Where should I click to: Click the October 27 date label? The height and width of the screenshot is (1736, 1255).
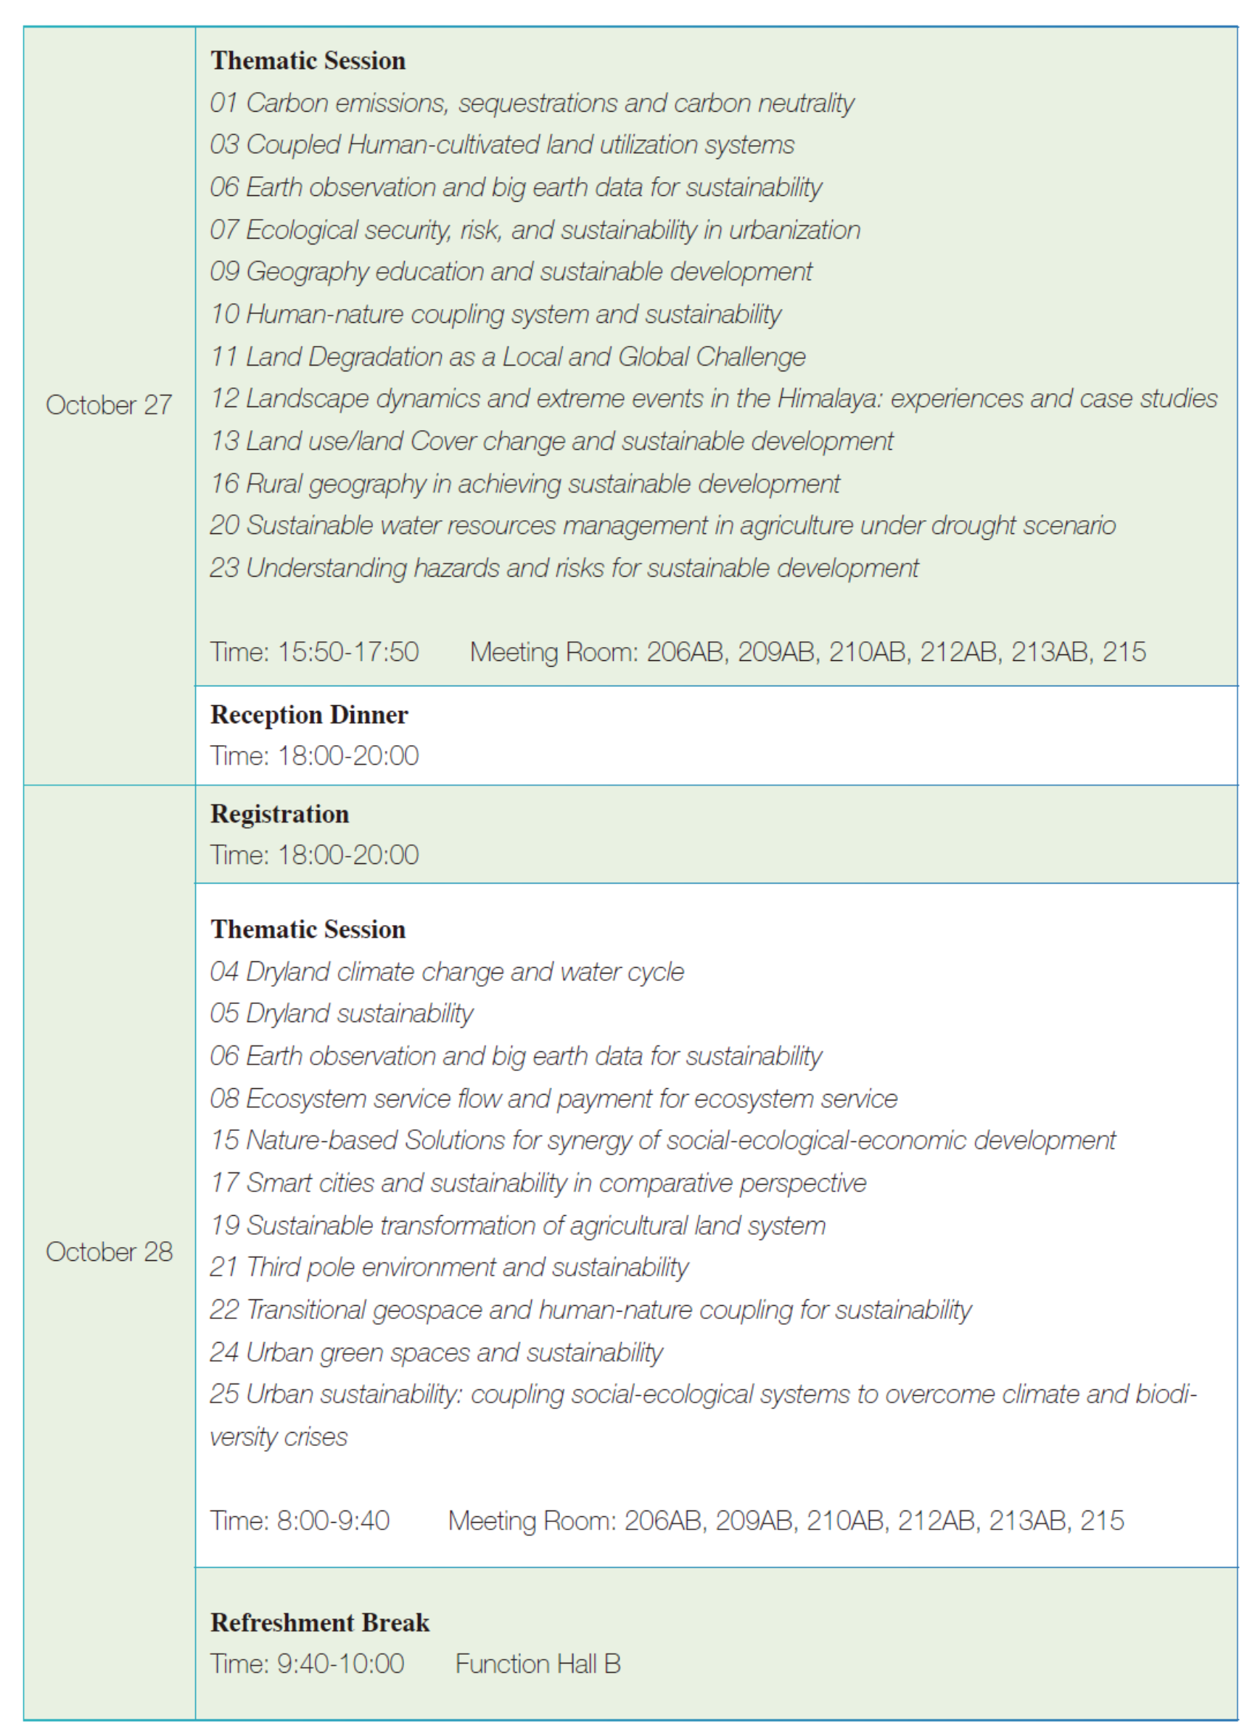109,405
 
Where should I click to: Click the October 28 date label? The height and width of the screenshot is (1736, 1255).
109,1251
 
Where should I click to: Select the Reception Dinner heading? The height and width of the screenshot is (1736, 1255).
309,715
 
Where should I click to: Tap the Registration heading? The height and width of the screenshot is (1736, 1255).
279,814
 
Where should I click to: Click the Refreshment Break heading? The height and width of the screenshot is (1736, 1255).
320,1622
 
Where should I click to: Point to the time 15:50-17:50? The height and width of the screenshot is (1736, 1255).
348,652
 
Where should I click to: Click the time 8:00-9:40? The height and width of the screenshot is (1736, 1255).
334,1520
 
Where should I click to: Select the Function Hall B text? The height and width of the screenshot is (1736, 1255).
538,1664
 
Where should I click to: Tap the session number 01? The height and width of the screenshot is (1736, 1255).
224,103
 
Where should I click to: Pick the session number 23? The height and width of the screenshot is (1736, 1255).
225,568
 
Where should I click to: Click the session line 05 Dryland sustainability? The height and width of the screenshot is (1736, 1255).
341,1013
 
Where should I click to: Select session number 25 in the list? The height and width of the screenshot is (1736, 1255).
225,1394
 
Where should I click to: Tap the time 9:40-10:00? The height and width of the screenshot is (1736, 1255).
340,1664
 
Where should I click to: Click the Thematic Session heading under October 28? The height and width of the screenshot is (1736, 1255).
308,929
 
